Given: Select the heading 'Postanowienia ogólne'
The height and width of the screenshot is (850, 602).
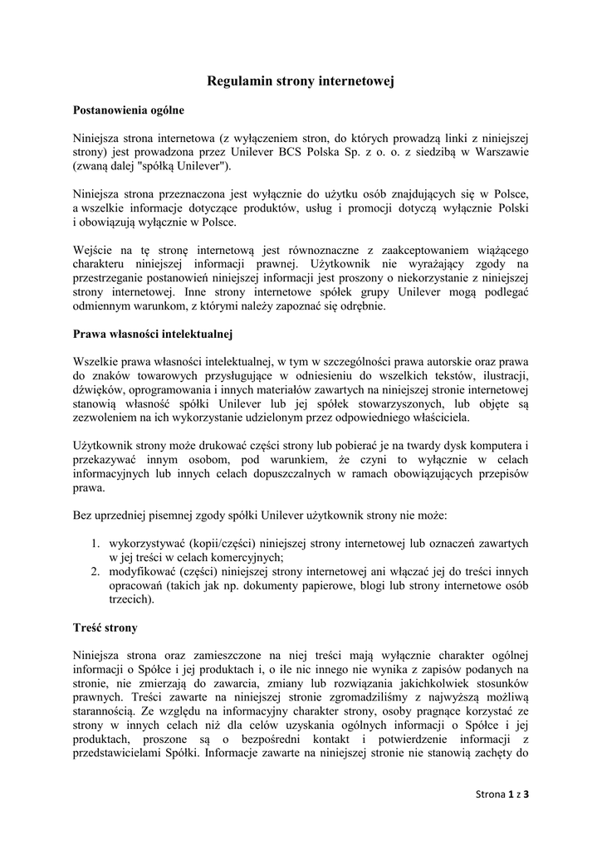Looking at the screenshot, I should [129, 110].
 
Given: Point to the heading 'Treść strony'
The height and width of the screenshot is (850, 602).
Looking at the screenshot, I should [105, 628].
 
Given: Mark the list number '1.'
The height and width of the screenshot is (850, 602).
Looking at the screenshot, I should [96, 544].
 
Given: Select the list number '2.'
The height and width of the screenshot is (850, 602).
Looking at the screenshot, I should [96, 571].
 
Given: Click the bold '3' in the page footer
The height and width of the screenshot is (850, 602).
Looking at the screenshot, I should [526, 794].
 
